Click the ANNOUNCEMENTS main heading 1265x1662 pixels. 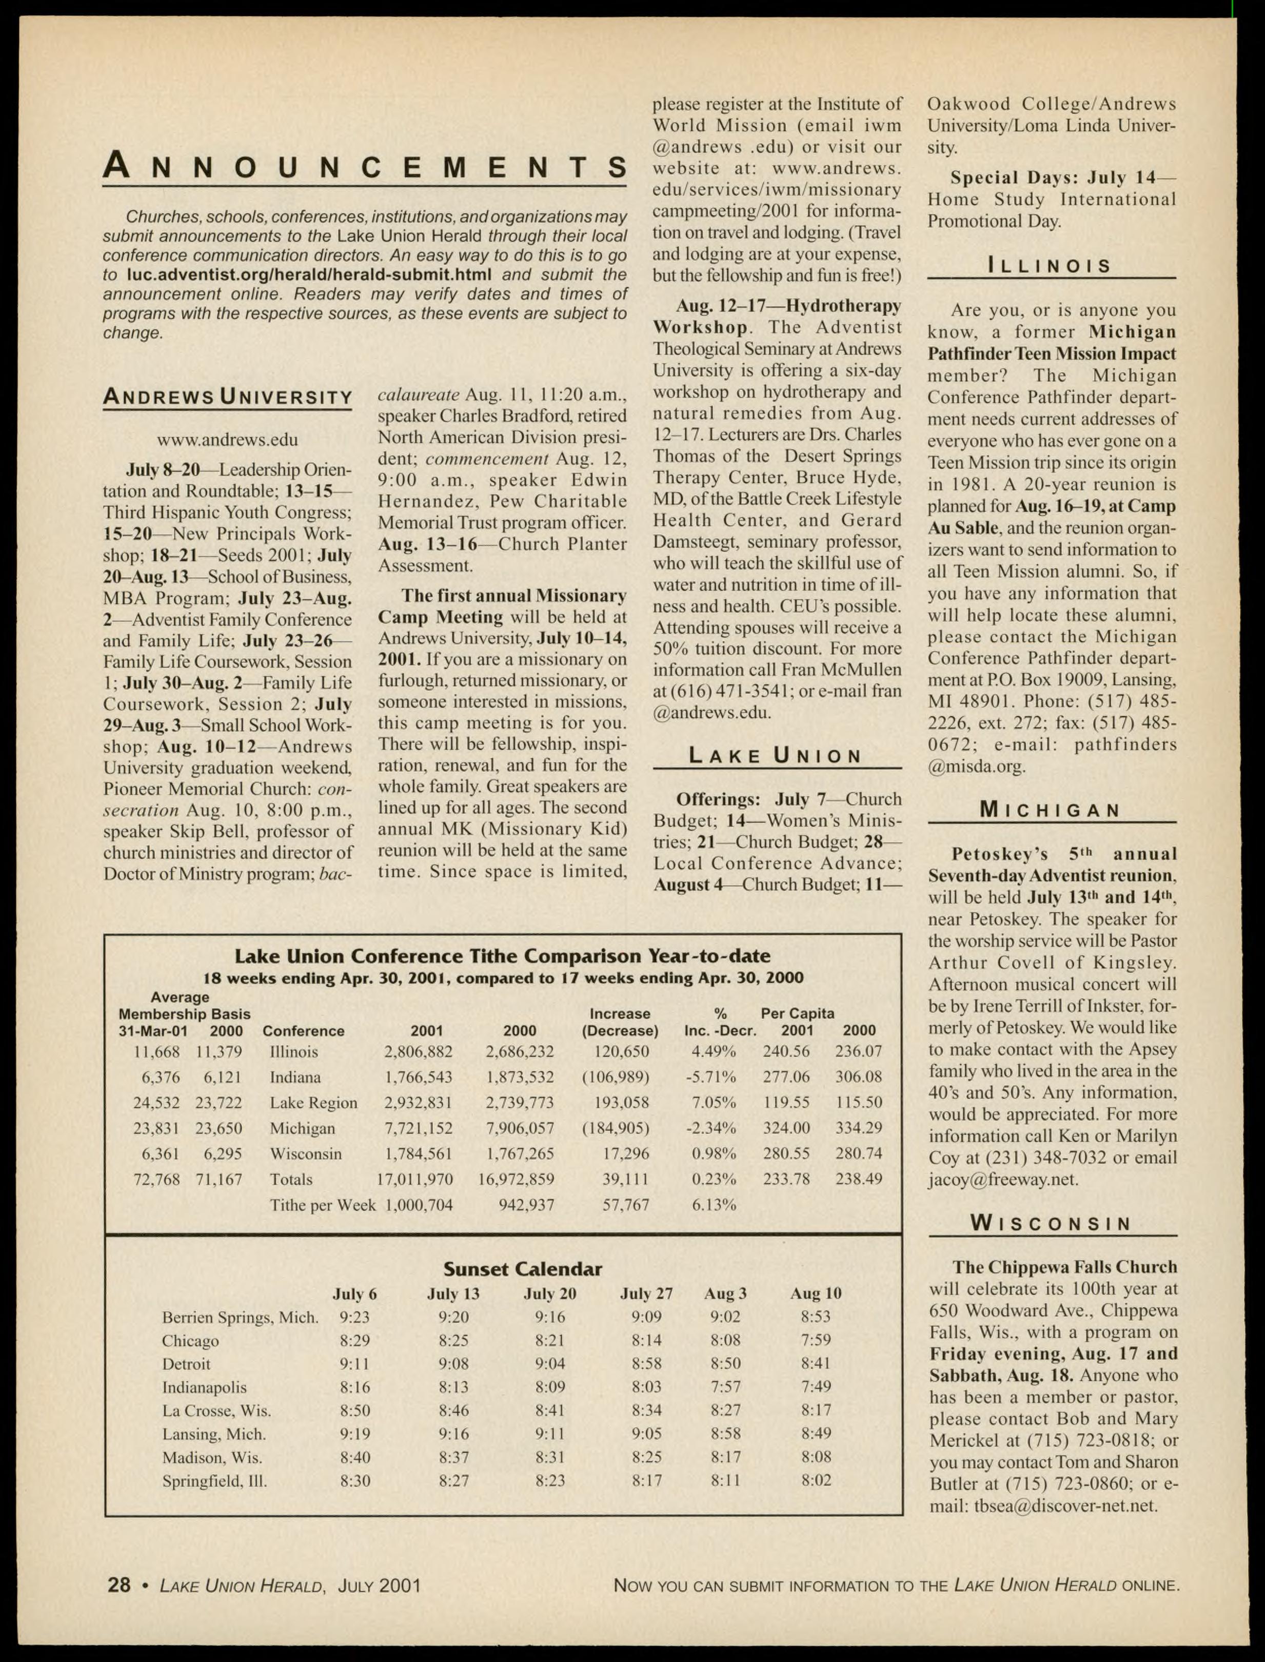pyautogui.click(x=365, y=166)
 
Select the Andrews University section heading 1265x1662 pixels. pyautogui.click(x=227, y=397)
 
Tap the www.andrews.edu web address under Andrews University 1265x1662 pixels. pyautogui.click(x=227, y=439)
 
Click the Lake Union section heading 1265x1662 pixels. pyautogui.click(x=776, y=755)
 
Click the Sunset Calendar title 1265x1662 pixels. pyautogui.click(x=523, y=1269)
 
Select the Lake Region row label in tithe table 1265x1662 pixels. pyautogui.click(x=313, y=1103)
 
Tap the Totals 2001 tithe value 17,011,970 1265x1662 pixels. pyautogui.click(x=415, y=1179)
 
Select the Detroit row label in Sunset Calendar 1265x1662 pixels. pyautogui.click(x=186, y=1364)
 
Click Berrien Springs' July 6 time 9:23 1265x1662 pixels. pyautogui.click(x=354, y=1317)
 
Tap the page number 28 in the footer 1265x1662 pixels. pyautogui.click(x=119, y=1585)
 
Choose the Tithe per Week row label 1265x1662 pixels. pyautogui.click(x=322, y=1205)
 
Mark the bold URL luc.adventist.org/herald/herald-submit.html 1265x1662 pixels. pyautogui.click(x=309, y=275)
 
